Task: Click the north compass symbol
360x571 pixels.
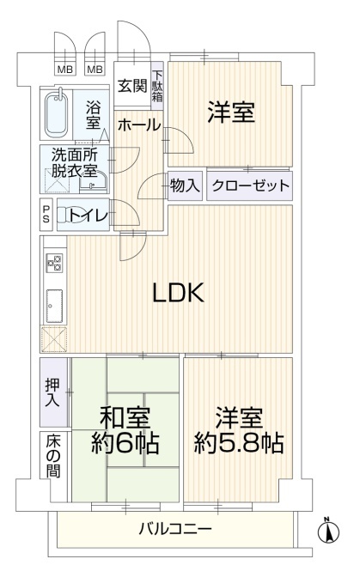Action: tap(328, 532)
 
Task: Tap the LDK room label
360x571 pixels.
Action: tap(178, 293)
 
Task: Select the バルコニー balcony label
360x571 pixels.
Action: tap(175, 528)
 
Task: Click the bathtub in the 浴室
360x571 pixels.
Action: tap(57, 114)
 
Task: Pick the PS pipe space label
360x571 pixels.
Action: tap(46, 215)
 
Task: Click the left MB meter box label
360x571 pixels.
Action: tap(65, 69)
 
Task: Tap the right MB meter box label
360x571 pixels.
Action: tap(95, 69)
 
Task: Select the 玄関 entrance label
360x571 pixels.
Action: tap(132, 86)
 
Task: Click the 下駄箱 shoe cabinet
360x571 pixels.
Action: tap(157, 87)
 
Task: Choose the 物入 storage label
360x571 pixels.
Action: tap(185, 186)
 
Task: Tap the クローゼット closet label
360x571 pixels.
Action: tap(250, 186)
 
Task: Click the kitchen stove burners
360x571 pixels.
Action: tap(54, 262)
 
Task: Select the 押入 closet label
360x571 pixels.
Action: tap(52, 392)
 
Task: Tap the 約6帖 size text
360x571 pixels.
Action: tap(125, 442)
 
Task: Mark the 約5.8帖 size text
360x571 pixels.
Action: tap(239, 442)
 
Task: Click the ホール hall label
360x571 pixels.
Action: tap(139, 125)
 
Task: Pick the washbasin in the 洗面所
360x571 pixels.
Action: tap(94, 182)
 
